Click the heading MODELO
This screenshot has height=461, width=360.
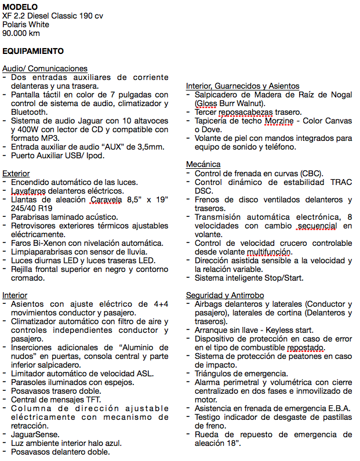click(20, 6)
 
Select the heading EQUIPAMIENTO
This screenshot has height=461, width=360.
click(33, 51)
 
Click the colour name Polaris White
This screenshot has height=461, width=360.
click(26, 24)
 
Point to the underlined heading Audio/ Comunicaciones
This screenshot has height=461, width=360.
click(45, 68)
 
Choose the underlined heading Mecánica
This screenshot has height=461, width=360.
click(203, 164)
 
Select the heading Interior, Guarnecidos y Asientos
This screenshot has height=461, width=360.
click(242, 86)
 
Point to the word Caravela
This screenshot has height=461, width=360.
click(110, 199)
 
